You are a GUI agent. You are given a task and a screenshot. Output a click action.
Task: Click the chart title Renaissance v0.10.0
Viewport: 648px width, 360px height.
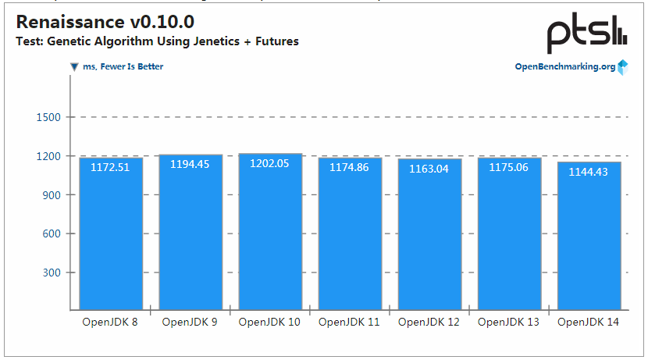105,22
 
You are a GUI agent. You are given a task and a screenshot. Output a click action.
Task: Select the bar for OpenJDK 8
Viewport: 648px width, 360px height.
110,234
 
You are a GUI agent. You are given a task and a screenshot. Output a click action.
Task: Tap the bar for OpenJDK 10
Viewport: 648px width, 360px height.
269,234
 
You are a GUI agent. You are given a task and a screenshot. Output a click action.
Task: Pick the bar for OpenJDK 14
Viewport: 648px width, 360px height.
589,234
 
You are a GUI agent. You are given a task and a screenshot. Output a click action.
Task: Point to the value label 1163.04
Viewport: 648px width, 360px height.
429,169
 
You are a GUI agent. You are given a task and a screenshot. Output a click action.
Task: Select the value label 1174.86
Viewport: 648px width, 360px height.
350,166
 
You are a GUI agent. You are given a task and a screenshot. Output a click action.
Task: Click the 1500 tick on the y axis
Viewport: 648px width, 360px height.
48,117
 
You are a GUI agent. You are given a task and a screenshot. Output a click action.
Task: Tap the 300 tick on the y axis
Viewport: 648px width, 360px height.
52,273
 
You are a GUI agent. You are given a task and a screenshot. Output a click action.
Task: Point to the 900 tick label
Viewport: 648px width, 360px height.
52,195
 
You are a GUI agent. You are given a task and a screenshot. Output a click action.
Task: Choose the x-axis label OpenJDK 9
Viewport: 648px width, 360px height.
190,322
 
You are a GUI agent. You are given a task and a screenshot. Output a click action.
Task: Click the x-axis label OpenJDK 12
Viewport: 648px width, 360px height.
429,322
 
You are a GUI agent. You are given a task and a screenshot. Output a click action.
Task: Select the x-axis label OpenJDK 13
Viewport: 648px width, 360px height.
508,322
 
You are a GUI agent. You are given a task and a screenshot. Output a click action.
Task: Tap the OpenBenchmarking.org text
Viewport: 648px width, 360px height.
564,67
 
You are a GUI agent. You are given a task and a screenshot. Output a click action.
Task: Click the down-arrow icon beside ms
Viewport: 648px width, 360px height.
74,67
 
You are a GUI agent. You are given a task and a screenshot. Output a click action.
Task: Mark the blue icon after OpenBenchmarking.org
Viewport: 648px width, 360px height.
623,67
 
